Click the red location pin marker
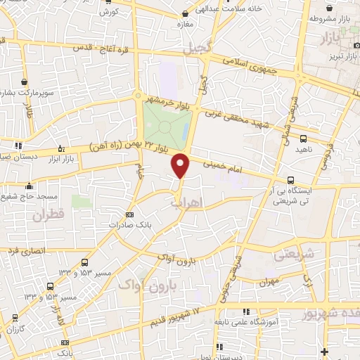point(181,165)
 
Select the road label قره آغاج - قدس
point(98,49)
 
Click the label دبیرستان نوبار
point(240,356)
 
